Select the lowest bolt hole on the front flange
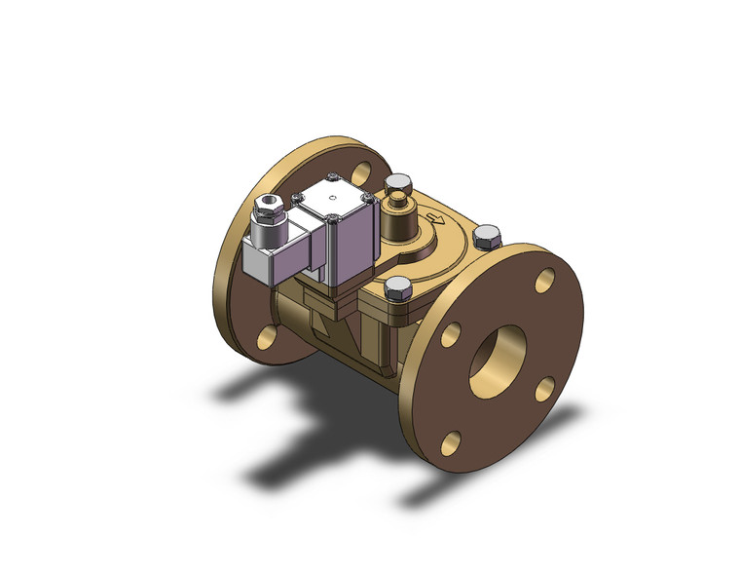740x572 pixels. [449, 443]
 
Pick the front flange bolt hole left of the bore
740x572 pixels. [450, 334]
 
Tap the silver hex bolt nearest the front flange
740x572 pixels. [397, 287]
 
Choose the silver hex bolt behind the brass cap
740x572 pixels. [397, 184]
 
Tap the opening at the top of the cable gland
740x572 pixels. [266, 202]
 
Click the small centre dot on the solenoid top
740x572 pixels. [332, 206]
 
